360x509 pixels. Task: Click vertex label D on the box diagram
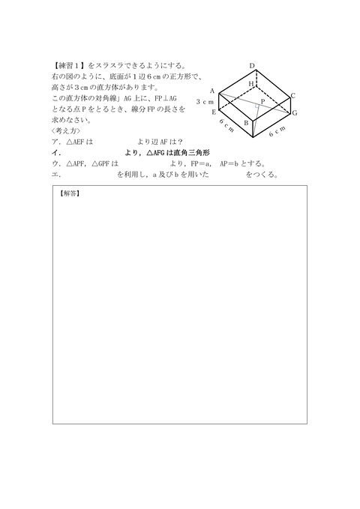[x=253, y=66]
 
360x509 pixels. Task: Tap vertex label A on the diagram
[x=212, y=91]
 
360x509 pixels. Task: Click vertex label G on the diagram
[x=295, y=112]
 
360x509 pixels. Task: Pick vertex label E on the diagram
[x=214, y=112]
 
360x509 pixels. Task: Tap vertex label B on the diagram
[x=246, y=123]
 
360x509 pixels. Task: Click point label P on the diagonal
[x=262, y=100]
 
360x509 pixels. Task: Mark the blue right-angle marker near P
[x=256, y=108]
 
